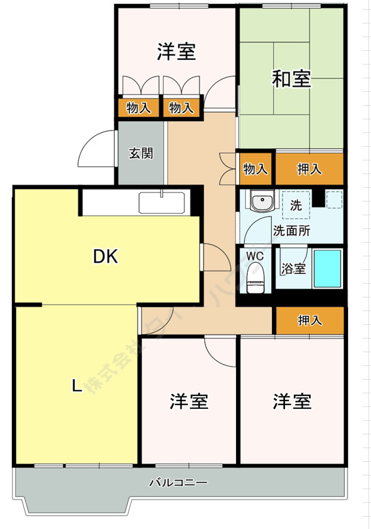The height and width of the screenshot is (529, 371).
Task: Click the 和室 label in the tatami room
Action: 291,79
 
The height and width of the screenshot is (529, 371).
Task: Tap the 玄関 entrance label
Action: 140,154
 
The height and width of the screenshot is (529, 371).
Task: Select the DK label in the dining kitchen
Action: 105,257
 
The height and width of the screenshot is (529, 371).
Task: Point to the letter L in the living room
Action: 76,386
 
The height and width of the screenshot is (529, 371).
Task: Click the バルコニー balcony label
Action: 177,483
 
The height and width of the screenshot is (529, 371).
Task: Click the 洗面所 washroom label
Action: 291,230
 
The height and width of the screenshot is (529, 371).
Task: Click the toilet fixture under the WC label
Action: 257,276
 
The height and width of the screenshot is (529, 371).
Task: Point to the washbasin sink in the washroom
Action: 262,204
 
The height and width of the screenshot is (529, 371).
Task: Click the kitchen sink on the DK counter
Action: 162,204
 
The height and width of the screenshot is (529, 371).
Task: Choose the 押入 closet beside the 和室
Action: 309,169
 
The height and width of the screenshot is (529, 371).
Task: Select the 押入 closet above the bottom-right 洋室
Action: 309,320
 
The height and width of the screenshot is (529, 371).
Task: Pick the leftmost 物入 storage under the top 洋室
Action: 138,108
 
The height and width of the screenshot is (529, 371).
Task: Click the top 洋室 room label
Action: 176,52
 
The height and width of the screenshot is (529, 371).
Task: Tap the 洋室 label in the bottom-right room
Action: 291,401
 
